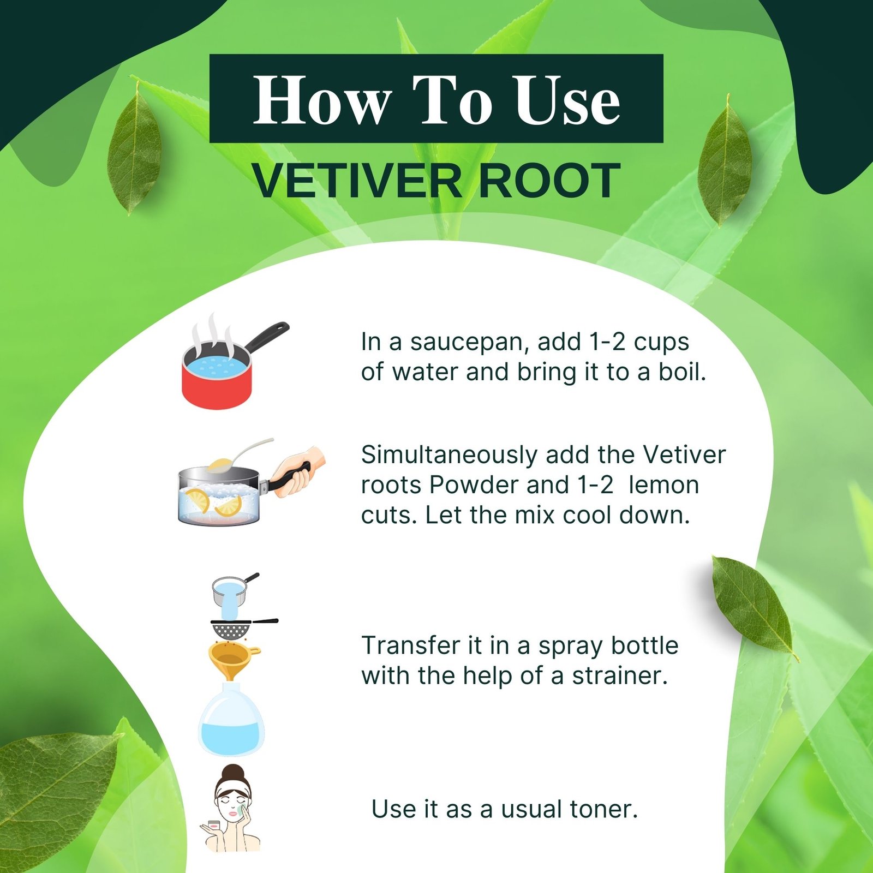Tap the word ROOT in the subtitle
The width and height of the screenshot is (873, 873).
pyautogui.click(x=549, y=181)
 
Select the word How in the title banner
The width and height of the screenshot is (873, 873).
pyautogui.click(x=322, y=100)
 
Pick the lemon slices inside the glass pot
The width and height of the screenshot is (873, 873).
pyautogui.click(x=213, y=503)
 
